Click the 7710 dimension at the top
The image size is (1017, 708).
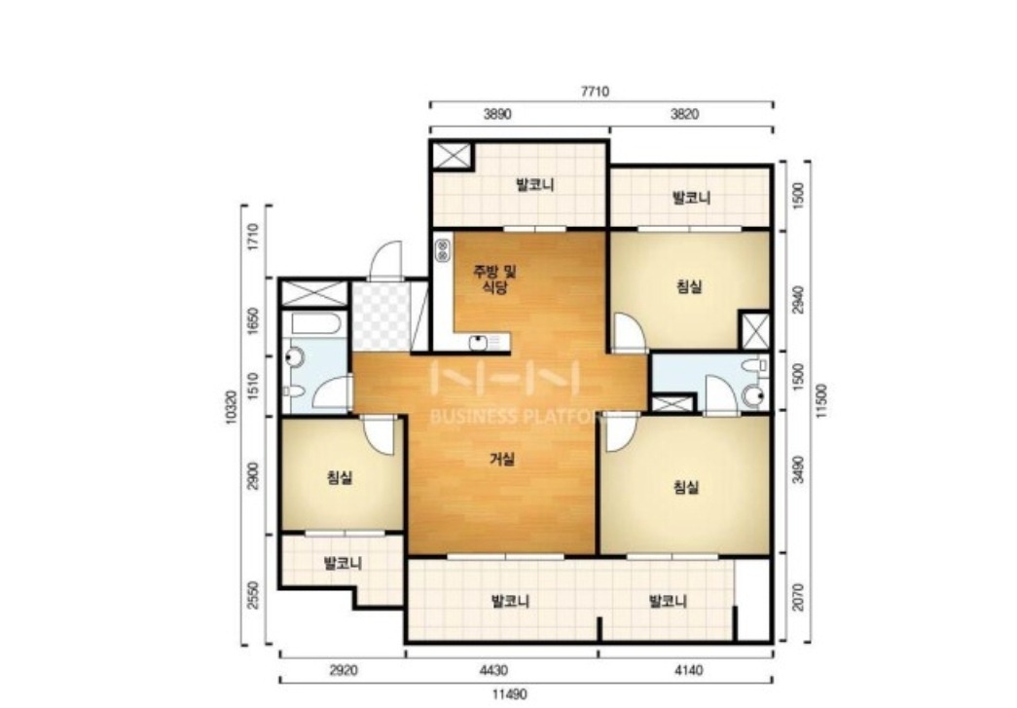click(594, 92)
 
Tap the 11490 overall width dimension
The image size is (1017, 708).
click(509, 693)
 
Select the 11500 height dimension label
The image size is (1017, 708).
click(821, 401)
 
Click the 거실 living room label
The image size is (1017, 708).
click(502, 459)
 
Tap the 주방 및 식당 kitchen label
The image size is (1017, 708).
click(495, 279)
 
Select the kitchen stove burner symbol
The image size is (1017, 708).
click(443, 250)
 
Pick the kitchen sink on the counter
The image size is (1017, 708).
click(479, 342)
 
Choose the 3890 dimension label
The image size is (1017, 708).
click(497, 114)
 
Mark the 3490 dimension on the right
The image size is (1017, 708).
click(798, 469)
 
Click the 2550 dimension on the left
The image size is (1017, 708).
click(253, 594)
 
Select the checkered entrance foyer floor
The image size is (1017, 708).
click(381, 315)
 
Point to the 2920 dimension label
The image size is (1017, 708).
click(344, 670)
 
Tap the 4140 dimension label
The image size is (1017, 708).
click(688, 670)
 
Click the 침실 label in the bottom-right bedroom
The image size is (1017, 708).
click(686, 486)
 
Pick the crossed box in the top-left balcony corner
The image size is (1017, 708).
click(453, 155)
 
